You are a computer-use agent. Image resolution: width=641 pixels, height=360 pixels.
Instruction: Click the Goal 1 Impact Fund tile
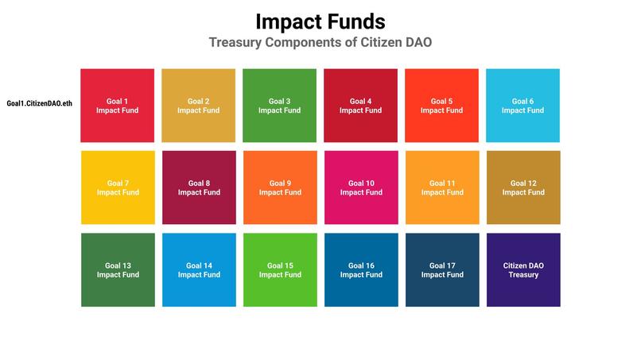click(118, 106)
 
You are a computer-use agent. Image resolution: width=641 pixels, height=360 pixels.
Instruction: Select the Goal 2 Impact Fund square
click(199, 106)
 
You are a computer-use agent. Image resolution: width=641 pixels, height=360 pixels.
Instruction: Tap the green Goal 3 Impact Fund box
click(279, 106)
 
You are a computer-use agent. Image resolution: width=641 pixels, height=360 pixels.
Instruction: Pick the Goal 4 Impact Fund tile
click(360, 106)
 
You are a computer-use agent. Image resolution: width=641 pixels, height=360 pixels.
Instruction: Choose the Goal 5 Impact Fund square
click(441, 106)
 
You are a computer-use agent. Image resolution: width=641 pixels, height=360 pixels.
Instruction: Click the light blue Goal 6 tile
click(523, 106)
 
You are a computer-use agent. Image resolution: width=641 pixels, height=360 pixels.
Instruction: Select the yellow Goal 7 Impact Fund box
click(118, 188)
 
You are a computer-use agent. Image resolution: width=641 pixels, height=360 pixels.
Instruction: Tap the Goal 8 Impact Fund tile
click(199, 188)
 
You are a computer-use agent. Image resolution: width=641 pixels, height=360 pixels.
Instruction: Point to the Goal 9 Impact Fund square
click(279, 188)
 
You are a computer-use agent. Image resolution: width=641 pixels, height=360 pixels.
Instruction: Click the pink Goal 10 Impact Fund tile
click(360, 188)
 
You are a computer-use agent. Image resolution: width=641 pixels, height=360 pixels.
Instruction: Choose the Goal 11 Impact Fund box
click(441, 188)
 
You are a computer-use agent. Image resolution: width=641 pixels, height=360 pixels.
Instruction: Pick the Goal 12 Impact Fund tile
click(523, 188)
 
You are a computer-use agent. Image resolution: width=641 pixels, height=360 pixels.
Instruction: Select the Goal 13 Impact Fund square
click(118, 269)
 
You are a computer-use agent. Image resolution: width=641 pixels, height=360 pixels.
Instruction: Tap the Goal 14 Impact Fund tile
click(199, 269)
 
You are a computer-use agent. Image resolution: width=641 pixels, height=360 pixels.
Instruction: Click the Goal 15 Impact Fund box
click(279, 269)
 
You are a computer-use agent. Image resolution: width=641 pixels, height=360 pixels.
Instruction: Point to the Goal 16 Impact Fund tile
click(360, 269)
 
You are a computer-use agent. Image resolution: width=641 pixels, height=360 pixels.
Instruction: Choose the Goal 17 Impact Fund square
click(441, 269)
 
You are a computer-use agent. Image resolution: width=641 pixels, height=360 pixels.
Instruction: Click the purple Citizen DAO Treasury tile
click(523, 269)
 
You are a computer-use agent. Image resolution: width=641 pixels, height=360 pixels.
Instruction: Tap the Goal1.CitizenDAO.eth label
click(39, 103)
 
